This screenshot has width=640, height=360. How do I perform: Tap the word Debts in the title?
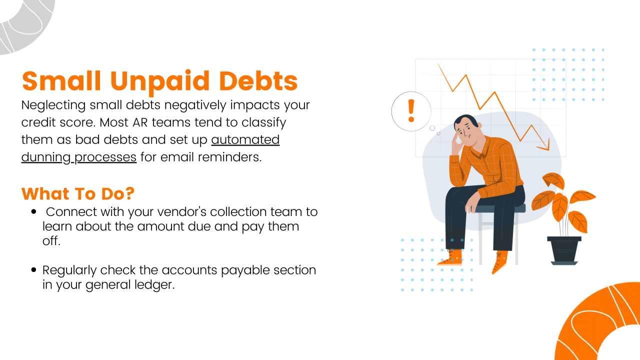257,81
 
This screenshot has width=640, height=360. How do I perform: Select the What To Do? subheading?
77,193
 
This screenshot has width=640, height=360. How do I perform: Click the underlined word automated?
245,139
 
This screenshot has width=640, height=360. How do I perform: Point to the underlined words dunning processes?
78,157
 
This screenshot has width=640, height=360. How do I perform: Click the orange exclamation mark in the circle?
411,110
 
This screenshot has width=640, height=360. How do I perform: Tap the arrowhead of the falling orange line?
545,146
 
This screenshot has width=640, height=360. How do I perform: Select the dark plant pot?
564,250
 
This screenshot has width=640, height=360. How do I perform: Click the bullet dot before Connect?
34,212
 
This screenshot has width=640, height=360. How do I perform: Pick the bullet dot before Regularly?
34,270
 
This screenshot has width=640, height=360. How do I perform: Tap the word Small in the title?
60,81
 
